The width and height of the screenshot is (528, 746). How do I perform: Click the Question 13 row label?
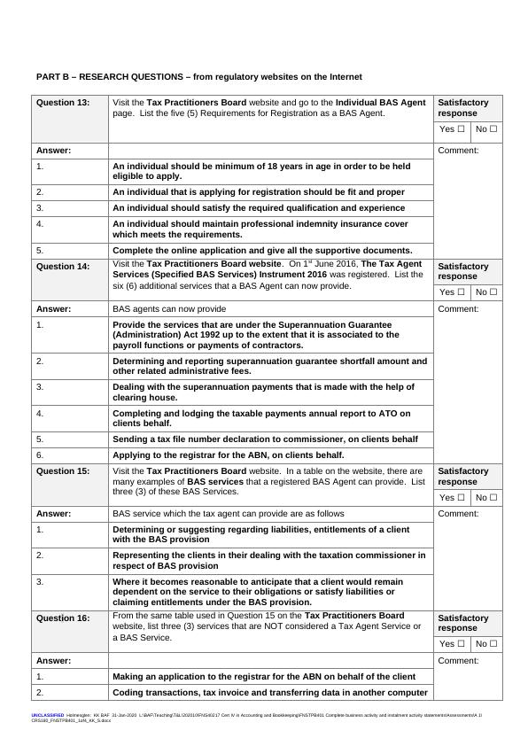click(x=63, y=103)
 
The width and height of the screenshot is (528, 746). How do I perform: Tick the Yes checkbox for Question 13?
click(x=461, y=129)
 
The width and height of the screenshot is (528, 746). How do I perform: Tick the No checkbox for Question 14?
click(x=493, y=292)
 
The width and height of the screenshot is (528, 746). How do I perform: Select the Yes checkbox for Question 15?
click(x=461, y=497)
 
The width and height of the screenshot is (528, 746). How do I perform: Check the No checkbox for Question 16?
click(x=493, y=644)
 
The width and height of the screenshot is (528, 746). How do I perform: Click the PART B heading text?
click(x=198, y=77)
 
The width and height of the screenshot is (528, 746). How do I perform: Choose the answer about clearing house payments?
click(x=263, y=392)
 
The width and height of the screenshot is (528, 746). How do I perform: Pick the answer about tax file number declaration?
click(x=265, y=439)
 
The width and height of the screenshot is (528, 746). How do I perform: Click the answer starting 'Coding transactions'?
click(x=270, y=693)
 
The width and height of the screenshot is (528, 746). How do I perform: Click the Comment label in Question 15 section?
click(x=458, y=514)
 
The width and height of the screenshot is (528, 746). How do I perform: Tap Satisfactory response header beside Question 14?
click(x=462, y=271)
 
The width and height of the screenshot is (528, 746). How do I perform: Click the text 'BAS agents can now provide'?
click(x=169, y=309)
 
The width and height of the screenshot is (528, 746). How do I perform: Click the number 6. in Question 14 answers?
click(x=40, y=455)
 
